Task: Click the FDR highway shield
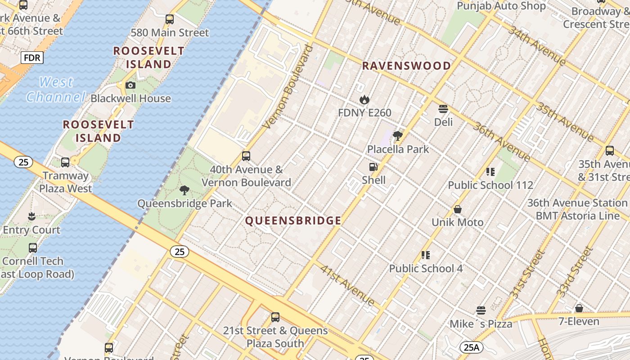pyautogui.click(x=32, y=58)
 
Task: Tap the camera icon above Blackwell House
pyautogui.click(x=130, y=85)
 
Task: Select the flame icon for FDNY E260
pyautogui.click(x=364, y=99)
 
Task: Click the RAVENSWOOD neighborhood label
pyautogui.click(x=406, y=66)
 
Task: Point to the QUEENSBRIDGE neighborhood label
pyautogui.click(x=293, y=220)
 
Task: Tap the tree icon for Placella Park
pyautogui.click(x=397, y=135)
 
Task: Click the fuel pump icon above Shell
pyautogui.click(x=373, y=167)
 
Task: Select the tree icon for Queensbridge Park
pyautogui.click(x=184, y=190)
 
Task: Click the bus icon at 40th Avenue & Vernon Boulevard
pyautogui.click(x=246, y=156)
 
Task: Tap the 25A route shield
pyautogui.click(x=471, y=347)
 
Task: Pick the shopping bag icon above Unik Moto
pyautogui.click(x=458, y=209)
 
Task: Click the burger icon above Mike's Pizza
pyautogui.click(x=481, y=310)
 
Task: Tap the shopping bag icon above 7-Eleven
pyautogui.click(x=579, y=308)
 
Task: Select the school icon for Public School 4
pyautogui.click(x=426, y=255)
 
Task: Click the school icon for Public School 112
pyautogui.click(x=490, y=171)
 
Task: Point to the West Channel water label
pyautogui.click(x=56, y=89)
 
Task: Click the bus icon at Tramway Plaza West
pyautogui.click(x=65, y=162)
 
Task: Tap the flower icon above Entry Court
pyautogui.click(x=31, y=216)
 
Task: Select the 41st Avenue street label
pyautogui.click(x=347, y=285)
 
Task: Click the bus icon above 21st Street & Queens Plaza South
pyautogui.click(x=275, y=317)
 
